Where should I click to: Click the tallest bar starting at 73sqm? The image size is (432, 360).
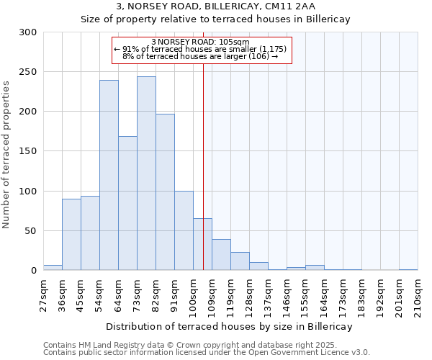146,174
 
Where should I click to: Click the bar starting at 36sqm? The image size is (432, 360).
71,235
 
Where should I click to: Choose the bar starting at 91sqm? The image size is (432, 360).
184,230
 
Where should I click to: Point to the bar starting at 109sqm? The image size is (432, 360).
221,255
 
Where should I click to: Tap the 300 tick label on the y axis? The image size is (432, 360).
28,32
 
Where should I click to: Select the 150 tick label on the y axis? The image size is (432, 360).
28,152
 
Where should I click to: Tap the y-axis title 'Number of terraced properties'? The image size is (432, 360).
6,154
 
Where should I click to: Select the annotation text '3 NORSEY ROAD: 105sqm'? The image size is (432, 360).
201,42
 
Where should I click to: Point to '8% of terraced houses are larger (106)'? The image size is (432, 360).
201,56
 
